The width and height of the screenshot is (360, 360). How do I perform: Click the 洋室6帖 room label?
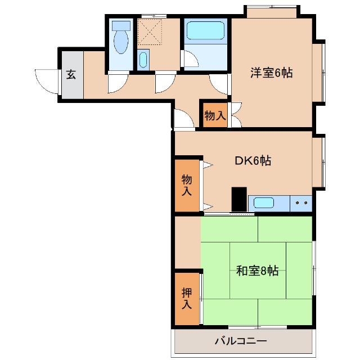click(x=271, y=73)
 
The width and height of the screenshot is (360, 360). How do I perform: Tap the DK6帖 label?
click(x=253, y=161)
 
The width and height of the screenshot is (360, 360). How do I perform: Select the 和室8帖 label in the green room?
click(x=256, y=271)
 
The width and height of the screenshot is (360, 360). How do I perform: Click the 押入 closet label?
click(x=187, y=299)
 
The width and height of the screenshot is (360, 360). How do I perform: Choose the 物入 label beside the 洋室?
click(x=214, y=116)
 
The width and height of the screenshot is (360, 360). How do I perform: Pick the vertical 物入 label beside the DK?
click(x=187, y=185)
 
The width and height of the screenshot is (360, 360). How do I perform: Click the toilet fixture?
click(x=120, y=38)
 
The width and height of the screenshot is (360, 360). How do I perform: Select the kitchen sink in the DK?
click(x=262, y=202)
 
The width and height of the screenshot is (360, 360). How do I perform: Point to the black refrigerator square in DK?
click(x=239, y=198)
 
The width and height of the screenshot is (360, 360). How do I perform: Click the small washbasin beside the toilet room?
click(x=143, y=60)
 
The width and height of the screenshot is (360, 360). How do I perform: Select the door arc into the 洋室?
click(x=219, y=83)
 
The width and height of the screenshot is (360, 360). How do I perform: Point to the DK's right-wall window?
click(x=322, y=163)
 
